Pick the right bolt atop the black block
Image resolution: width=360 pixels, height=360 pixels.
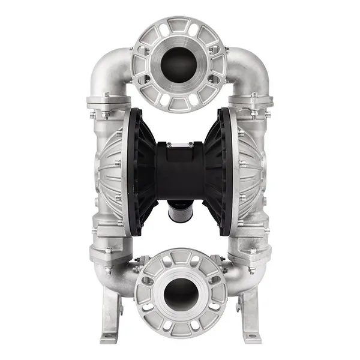click(x=190, y=144)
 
